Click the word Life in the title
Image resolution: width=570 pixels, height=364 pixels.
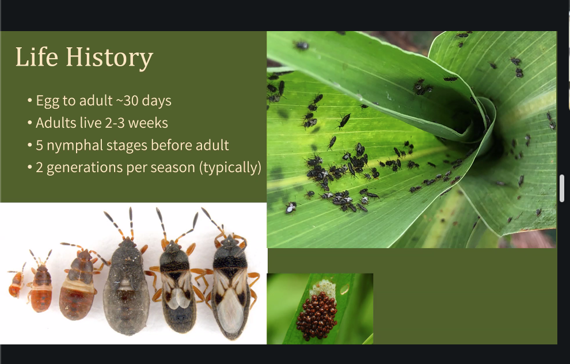pyautogui.click(x=37, y=56)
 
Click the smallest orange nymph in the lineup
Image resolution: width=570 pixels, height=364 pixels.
pyautogui.click(x=16, y=282)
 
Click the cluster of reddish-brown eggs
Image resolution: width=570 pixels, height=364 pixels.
pyautogui.click(x=317, y=315)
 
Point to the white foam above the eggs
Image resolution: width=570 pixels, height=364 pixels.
pyautogui.click(x=323, y=288)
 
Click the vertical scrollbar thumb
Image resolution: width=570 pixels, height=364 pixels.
pyautogui.click(x=561, y=188)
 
